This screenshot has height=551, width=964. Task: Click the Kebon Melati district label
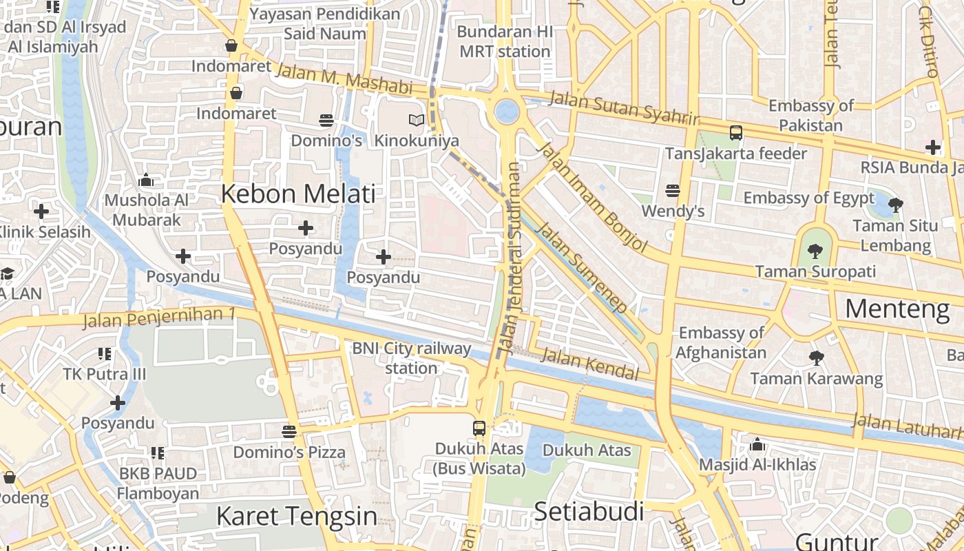pyautogui.click(x=298, y=194)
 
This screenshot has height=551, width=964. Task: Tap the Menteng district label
pyautogui.click(x=897, y=309)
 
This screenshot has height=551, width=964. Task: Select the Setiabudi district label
pyautogui.click(x=589, y=512)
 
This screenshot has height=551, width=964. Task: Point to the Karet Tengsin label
pyautogui.click(x=297, y=516)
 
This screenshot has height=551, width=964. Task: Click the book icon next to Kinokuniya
pyautogui.click(x=416, y=121)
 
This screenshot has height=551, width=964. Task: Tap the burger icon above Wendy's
pyautogui.click(x=673, y=191)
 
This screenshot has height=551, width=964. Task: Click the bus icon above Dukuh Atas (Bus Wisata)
pyautogui.click(x=479, y=428)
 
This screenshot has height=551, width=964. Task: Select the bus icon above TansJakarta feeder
pyautogui.click(x=735, y=132)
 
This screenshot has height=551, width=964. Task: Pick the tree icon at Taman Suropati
pyautogui.click(x=815, y=251)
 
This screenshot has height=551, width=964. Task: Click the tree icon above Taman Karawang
pyautogui.click(x=816, y=357)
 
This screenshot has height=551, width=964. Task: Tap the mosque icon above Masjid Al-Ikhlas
pyautogui.click(x=757, y=444)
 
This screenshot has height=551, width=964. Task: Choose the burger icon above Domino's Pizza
pyautogui.click(x=289, y=432)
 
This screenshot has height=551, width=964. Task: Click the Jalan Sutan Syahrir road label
pyautogui.click(x=624, y=109)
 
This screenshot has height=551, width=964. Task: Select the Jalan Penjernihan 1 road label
pyautogui.click(x=159, y=318)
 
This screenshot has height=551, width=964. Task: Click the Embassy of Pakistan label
pyautogui.click(x=811, y=116)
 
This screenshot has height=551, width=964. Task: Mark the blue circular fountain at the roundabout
pyautogui.click(x=507, y=112)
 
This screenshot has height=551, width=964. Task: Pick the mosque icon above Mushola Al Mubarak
pyautogui.click(x=146, y=180)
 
